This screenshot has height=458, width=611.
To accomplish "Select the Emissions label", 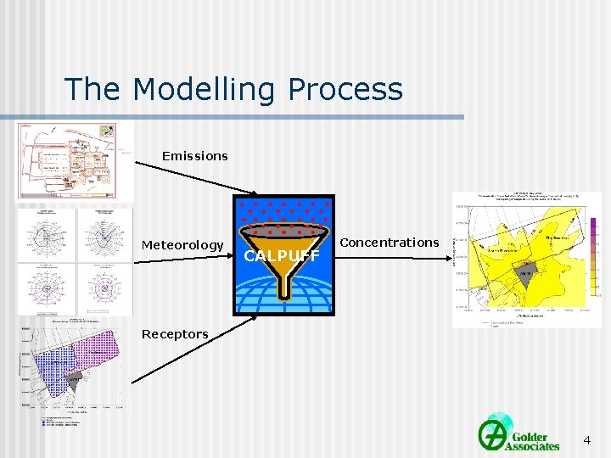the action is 194,156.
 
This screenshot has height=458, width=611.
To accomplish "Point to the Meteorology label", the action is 182,245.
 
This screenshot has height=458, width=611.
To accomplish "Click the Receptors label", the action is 175,334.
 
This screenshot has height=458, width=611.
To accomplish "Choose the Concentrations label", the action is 390,243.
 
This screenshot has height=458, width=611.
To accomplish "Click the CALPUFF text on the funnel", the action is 282,255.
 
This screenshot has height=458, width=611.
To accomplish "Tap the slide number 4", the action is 586,440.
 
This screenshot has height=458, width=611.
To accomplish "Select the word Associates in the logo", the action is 532,445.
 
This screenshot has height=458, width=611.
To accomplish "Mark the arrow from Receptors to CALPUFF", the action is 195,349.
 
